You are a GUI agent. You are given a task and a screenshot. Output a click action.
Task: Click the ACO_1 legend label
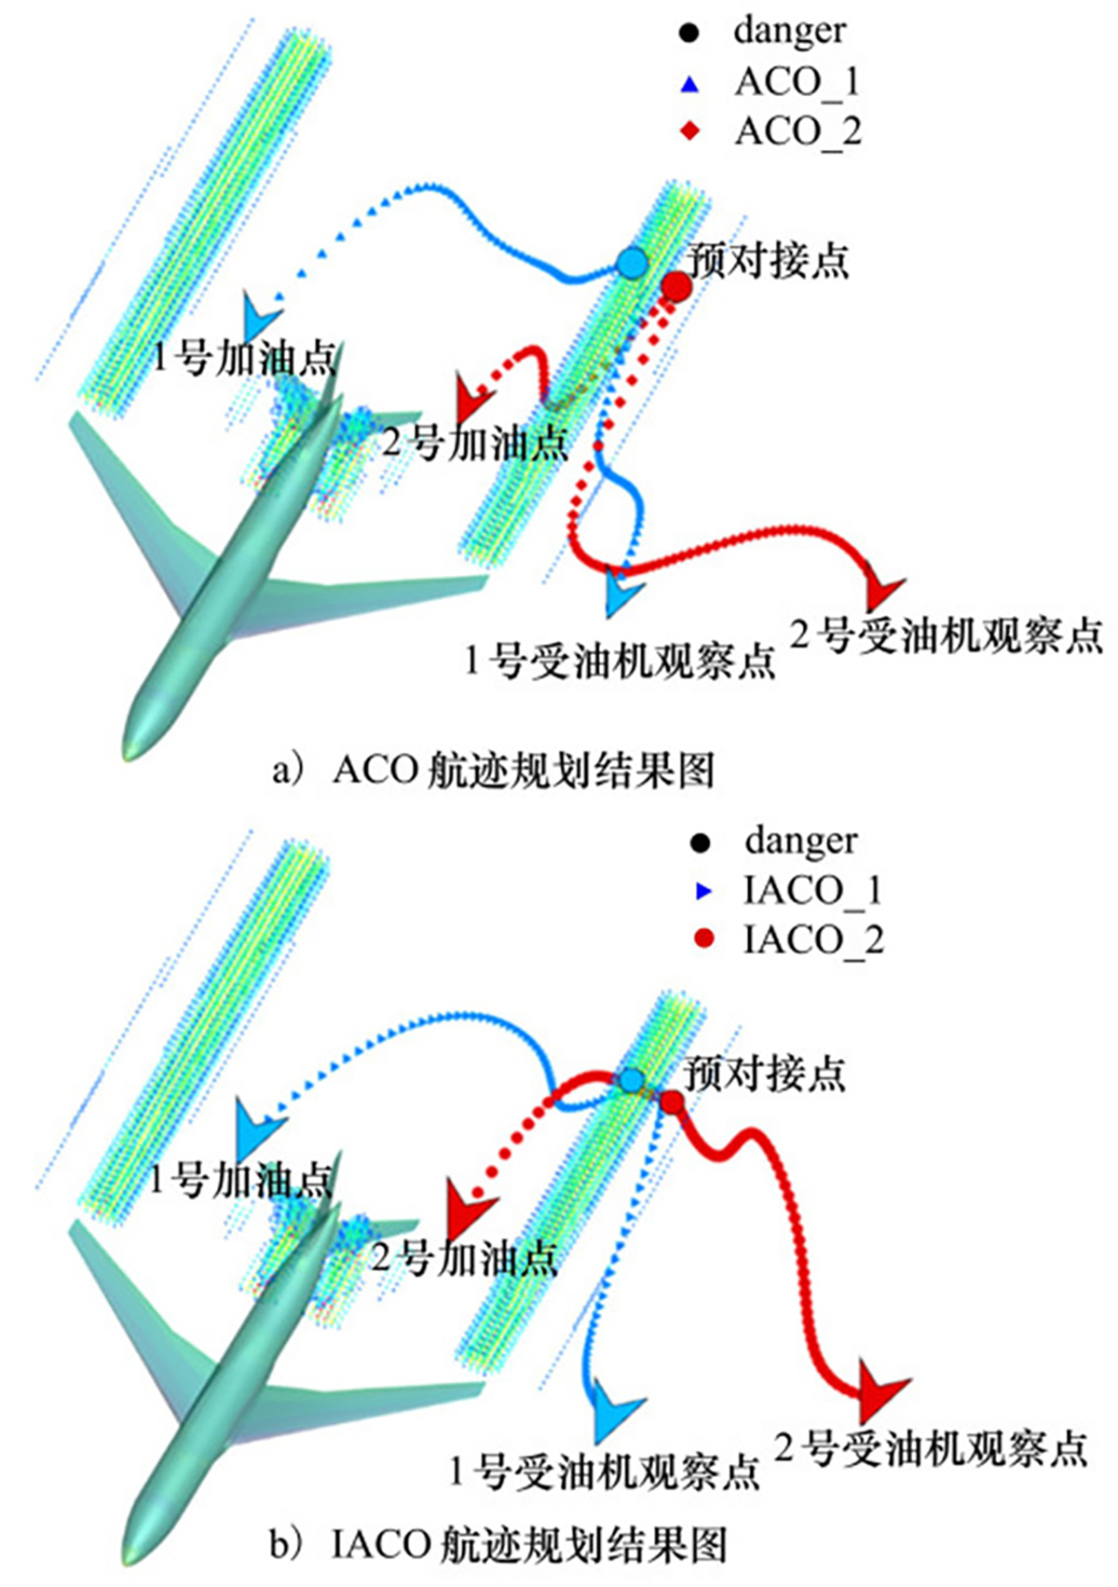(x=797, y=82)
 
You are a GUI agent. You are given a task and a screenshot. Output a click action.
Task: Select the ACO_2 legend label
(x=798, y=131)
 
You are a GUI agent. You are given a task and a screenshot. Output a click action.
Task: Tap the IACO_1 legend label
(x=811, y=891)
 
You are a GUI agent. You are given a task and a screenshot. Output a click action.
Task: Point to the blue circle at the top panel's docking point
(x=632, y=264)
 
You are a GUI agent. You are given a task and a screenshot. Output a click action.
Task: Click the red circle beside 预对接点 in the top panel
(x=676, y=286)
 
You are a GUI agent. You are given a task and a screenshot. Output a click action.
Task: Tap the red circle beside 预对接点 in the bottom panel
(x=671, y=1102)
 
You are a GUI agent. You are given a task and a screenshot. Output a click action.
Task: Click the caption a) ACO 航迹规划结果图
(x=494, y=770)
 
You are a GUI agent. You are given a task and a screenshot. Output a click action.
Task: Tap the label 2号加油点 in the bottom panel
(x=463, y=1258)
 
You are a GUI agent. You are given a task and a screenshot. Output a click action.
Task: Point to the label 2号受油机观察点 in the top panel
(x=946, y=636)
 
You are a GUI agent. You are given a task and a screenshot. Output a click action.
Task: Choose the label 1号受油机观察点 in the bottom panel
(x=604, y=1471)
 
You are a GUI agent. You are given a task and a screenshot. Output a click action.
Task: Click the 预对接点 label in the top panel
(x=769, y=260)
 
